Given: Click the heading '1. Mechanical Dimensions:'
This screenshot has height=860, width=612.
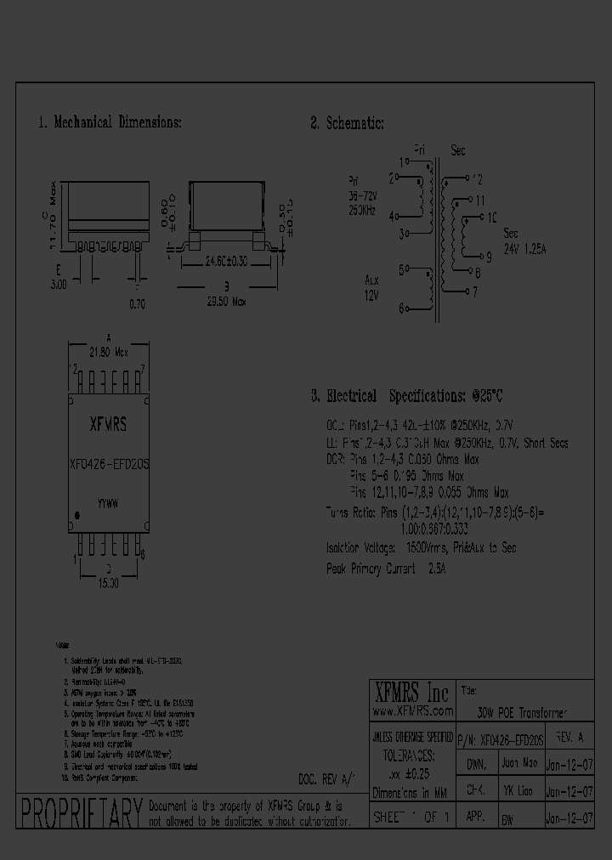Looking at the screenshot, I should [x=110, y=122].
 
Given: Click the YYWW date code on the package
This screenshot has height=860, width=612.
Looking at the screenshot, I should [x=107, y=503].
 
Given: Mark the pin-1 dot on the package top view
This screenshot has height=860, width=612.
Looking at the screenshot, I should [x=78, y=515].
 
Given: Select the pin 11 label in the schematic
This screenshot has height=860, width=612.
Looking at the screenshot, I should [x=480, y=201].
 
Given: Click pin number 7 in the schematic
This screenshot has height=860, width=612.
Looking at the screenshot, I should [x=474, y=291].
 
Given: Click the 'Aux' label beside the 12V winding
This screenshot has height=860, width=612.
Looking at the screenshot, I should [x=371, y=279].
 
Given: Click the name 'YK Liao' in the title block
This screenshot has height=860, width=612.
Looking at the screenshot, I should [x=518, y=790].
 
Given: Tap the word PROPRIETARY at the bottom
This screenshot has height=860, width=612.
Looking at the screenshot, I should [x=80, y=813].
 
